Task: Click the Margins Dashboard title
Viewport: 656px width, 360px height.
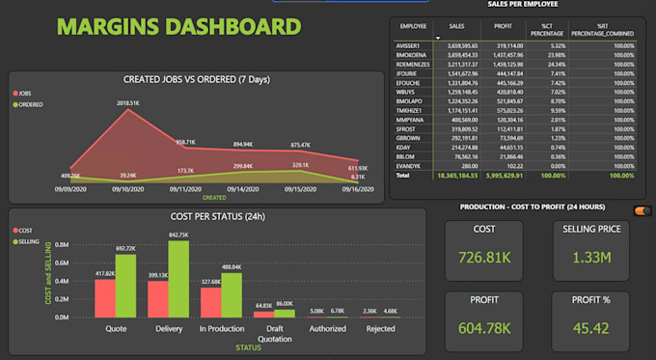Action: click(x=178, y=27)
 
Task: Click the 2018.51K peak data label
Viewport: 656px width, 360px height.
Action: click(x=128, y=101)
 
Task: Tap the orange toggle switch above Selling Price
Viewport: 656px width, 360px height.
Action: click(x=640, y=210)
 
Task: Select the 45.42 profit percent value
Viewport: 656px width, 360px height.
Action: click(x=589, y=328)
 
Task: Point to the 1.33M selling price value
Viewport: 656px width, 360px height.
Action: click(x=589, y=259)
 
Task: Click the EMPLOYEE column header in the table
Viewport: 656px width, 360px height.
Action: click(x=413, y=27)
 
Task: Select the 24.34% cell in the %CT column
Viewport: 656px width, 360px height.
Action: click(x=552, y=64)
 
